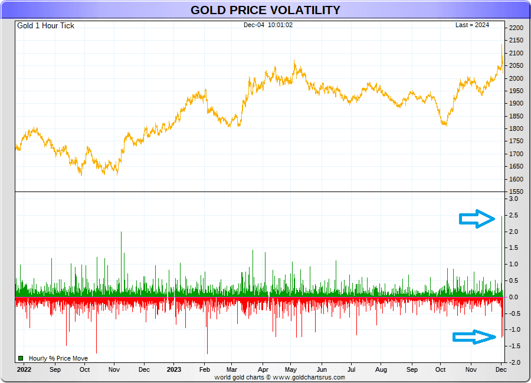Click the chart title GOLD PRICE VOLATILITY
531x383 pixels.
265,10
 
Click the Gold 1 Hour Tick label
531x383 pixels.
45,26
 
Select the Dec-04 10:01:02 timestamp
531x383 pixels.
268,25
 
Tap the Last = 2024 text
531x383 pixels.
472,25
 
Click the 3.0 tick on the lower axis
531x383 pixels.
513,199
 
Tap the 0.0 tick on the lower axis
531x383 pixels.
513,297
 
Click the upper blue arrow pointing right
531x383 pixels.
477,219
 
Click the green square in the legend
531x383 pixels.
21,358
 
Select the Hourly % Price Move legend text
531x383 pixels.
58,358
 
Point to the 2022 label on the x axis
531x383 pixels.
24,370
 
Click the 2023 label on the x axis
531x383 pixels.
174,370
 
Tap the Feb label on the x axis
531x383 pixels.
204,370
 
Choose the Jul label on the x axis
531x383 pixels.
352,370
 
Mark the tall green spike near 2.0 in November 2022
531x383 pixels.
121,233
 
